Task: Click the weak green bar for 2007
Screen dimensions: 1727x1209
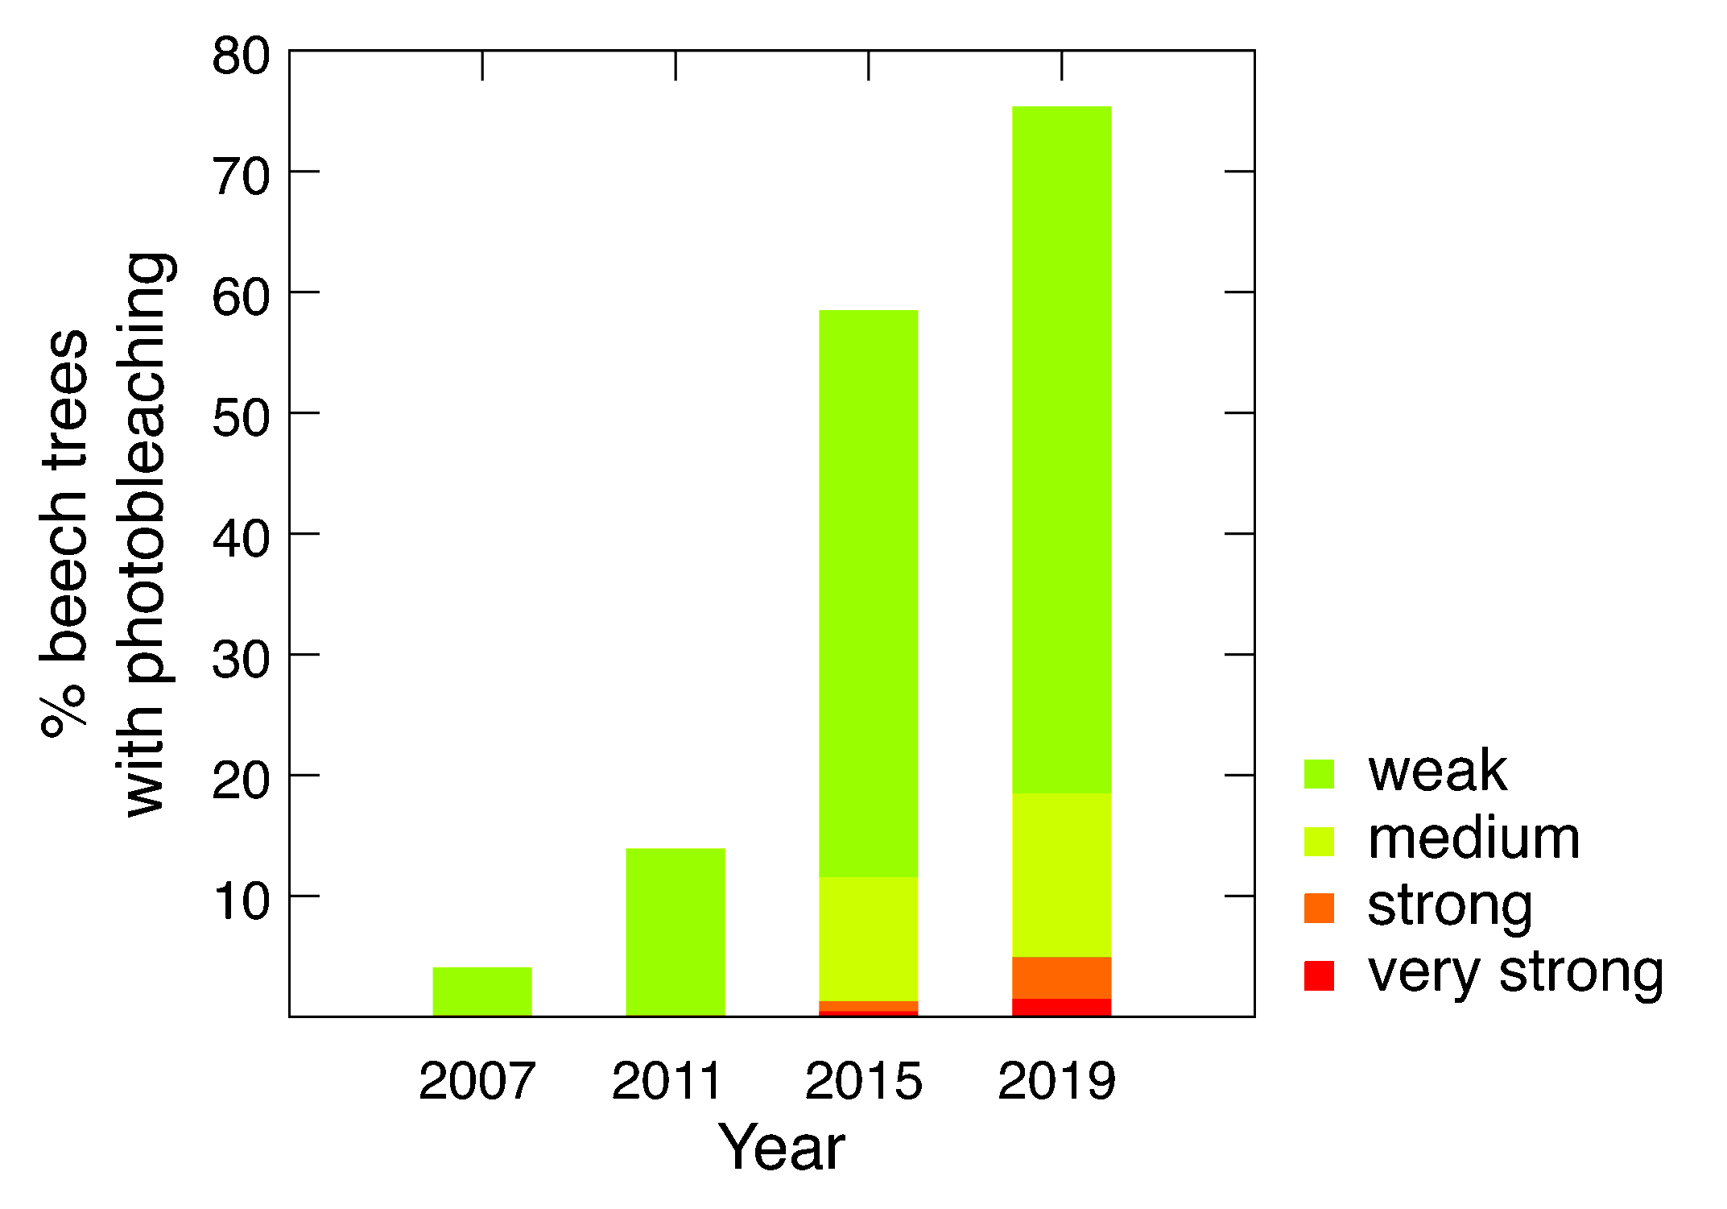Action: point(482,992)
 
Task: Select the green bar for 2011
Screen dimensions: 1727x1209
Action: point(676,932)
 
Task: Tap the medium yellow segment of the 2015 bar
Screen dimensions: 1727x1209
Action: point(869,939)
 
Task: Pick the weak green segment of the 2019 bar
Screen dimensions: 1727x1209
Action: point(1062,450)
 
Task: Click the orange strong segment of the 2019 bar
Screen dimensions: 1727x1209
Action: point(1062,978)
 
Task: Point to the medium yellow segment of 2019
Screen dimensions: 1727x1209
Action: point(1062,876)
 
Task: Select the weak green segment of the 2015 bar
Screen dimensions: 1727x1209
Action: point(869,594)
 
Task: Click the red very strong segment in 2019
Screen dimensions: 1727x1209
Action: point(1062,1008)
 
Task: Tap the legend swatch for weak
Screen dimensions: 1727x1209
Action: point(1319,774)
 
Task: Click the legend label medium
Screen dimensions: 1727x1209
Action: point(1473,839)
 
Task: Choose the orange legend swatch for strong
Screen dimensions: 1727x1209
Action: point(1319,908)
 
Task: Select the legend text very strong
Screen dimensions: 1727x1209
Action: point(1515,974)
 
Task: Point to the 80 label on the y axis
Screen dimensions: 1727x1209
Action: point(241,56)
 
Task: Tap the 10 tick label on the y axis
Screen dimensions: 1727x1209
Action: point(241,901)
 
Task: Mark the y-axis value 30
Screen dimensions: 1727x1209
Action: point(241,660)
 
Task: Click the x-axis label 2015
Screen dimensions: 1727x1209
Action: point(863,1080)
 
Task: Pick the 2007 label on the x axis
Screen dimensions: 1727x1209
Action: point(477,1080)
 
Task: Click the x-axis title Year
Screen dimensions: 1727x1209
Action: point(782,1147)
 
